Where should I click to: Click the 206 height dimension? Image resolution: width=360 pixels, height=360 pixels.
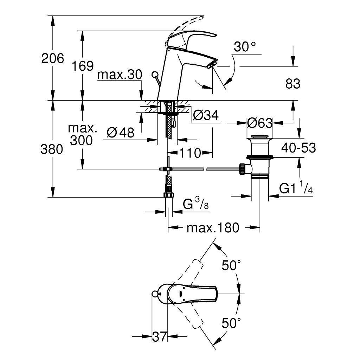pyautogui.click(x=53, y=58)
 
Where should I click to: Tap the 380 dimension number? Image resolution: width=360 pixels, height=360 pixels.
pyautogui.click(x=52, y=149)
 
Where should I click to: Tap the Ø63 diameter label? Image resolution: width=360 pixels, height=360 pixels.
pyautogui.click(x=259, y=123)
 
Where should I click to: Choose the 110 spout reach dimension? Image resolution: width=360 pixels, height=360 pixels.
pyautogui.click(x=191, y=153)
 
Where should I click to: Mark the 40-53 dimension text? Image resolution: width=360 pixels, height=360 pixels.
pyautogui.click(x=298, y=148)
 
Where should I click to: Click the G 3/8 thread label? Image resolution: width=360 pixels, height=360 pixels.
pyautogui.click(x=196, y=204)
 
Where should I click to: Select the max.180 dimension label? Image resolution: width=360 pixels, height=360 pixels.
pyautogui.click(x=213, y=228)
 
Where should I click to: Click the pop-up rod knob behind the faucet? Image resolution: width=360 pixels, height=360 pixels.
pyautogui.click(x=155, y=74)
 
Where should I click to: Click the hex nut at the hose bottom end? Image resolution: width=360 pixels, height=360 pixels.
pyautogui.click(x=168, y=194)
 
